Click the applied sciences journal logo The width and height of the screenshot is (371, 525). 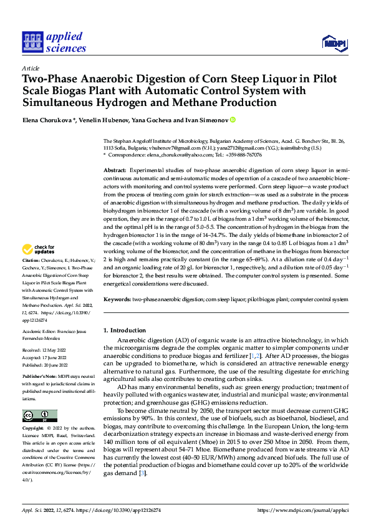54,42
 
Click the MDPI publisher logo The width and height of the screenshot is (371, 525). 335,43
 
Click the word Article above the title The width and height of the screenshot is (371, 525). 31,68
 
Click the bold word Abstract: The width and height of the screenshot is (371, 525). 115,170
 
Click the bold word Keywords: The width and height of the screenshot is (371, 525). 118,299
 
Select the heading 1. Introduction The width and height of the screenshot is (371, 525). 124,330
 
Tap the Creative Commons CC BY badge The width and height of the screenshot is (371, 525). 40,416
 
